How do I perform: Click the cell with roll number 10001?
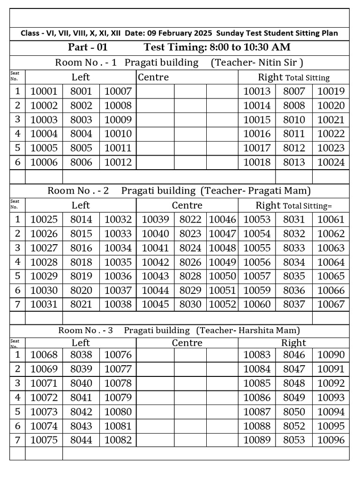[x=44, y=91]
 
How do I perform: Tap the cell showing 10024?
[x=331, y=162]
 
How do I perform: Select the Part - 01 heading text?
[x=88, y=47]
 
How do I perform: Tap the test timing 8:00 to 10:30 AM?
[x=217, y=47]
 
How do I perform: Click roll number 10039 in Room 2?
[x=155, y=219]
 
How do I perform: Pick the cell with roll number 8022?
[x=190, y=219]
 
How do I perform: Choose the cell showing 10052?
[x=223, y=304]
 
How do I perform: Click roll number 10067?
[x=331, y=304]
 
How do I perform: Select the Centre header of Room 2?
[x=187, y=205]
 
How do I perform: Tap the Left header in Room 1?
[x=81, y=77]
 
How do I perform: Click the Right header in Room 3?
[x=293, y=343]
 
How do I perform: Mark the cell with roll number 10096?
[x=331, y=440]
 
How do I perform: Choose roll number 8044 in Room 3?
[x=81, y=440]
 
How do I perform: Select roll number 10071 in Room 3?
[x=44, y=383]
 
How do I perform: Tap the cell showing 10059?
[x=257, y=290]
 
